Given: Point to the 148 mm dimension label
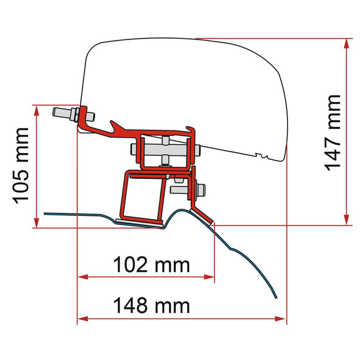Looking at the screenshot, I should coord(151,305).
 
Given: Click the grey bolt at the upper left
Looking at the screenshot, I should coord(65,113).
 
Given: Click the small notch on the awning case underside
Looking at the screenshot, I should coord(260,155).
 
